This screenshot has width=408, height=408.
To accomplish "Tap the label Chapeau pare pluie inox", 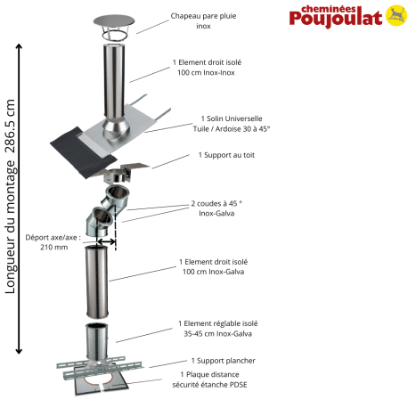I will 202,20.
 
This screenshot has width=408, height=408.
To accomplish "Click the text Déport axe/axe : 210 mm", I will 53,242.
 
